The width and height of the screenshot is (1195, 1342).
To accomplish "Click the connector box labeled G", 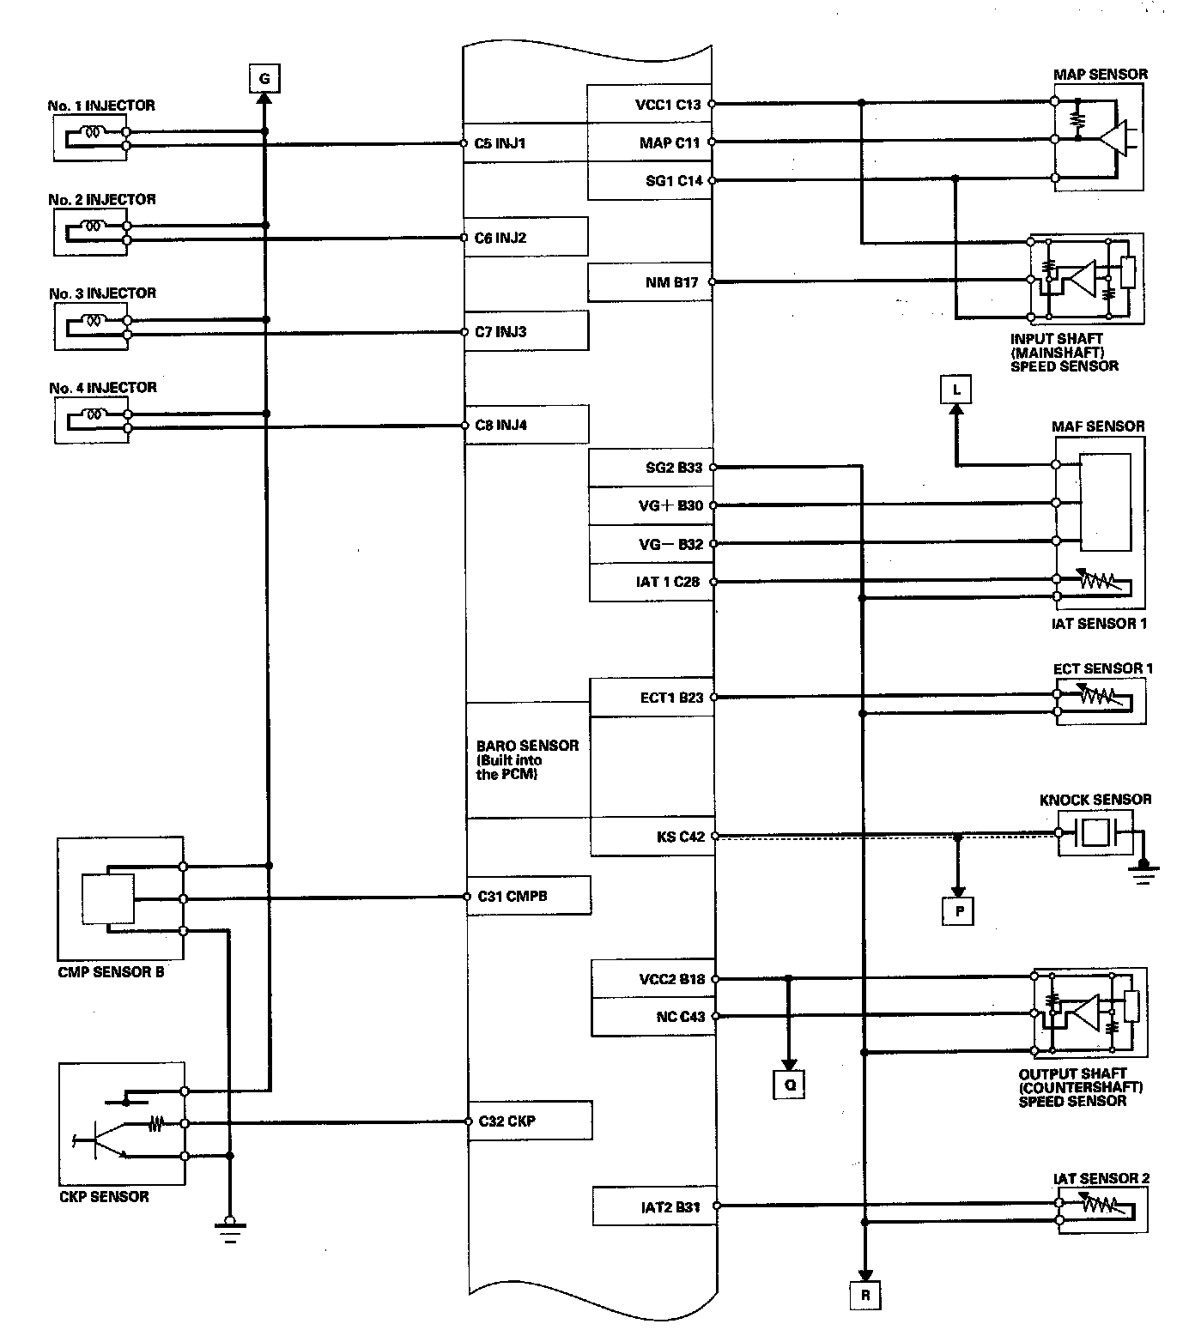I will [x=264, y=79].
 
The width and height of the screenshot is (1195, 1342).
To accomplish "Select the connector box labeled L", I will [x=956, y=390].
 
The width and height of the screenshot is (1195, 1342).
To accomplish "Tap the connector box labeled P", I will [x=959, y=911].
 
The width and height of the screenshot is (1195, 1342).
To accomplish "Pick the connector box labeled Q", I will [x=790, y=1084].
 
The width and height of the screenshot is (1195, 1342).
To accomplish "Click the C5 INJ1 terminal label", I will [x=500, y=143].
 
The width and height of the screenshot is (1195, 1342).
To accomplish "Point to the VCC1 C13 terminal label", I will [x=668, y=105].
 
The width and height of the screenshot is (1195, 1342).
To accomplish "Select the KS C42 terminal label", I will [x=680, y=837].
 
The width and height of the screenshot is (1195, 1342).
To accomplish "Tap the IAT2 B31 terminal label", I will [x=670, y=1207].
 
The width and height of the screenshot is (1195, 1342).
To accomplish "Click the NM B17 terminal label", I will [x=671, y=282].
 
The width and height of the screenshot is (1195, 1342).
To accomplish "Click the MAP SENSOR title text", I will [x=1100, y=74].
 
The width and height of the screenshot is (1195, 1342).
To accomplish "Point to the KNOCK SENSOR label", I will [x=1095, y=800].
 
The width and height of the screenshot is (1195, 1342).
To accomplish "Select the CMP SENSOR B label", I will [x=111, y=972].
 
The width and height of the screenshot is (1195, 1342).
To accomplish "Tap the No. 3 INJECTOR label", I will [x=102, y=293].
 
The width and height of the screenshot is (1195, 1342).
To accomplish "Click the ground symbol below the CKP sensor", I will [x=229, y=1229].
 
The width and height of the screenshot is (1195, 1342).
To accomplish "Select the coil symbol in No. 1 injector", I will [x=92, y=132].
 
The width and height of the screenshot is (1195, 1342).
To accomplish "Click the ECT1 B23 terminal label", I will [x=671, y=698].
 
